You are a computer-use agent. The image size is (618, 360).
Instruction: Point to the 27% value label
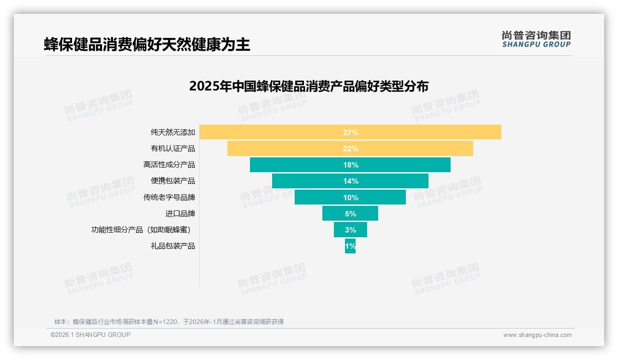point(351,132)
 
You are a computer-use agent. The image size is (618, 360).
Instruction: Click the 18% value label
point(351,165)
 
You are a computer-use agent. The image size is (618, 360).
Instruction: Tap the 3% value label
point(351,230)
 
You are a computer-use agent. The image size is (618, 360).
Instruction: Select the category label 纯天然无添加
point(173,132)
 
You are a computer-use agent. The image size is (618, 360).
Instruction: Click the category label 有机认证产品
point(173,149)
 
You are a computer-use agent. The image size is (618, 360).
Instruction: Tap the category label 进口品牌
point(180,214)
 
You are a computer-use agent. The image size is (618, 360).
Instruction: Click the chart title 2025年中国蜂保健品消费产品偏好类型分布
point(309,86)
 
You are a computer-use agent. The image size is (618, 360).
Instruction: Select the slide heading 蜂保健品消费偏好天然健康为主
point(147,45)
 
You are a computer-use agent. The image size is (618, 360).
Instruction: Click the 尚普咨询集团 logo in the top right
point(536,39)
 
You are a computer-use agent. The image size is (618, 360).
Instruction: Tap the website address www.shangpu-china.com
point(537,335)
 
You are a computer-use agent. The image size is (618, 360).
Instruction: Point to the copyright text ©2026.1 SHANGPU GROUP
point(90,335)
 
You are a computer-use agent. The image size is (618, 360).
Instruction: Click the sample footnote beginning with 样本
point(169,322)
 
